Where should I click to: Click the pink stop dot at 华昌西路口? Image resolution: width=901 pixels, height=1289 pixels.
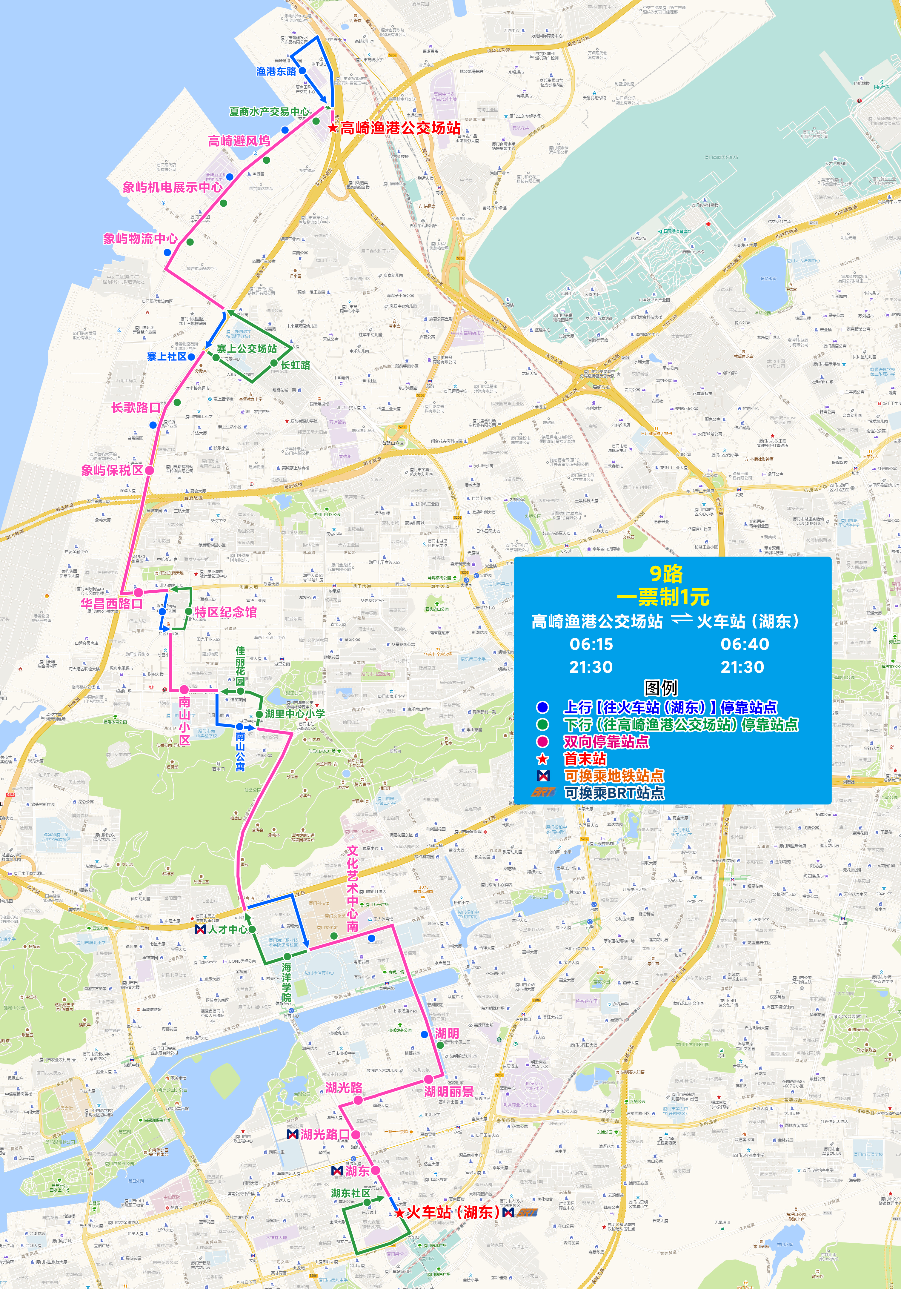coord(138,592)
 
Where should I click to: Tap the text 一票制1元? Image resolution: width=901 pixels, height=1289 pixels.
coord(663,597)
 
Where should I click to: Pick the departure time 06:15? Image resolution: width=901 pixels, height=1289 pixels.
coord(591,644)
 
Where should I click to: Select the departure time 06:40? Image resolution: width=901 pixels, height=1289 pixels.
coord(744,644)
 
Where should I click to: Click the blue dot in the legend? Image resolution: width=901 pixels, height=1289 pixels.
coord(542,707)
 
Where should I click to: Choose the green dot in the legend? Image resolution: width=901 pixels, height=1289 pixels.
coord(542,725)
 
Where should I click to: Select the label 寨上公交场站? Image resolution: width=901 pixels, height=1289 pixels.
coord(247,349)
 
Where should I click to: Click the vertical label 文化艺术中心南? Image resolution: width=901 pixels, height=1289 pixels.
coord(352,889)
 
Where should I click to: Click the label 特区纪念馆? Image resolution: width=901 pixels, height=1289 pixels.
coord(226,612)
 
